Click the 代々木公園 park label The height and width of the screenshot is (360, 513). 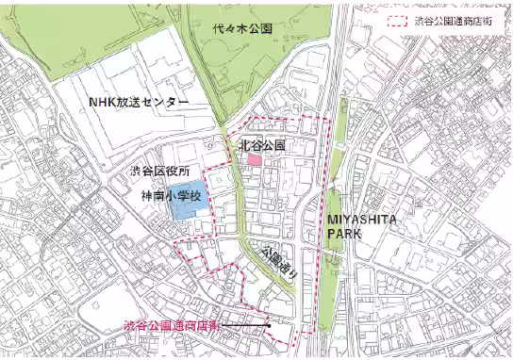[242, 29]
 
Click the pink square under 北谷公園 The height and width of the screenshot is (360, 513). [255, 161]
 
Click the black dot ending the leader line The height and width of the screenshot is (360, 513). [270, 327]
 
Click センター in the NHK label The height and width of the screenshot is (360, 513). [166, 103]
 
